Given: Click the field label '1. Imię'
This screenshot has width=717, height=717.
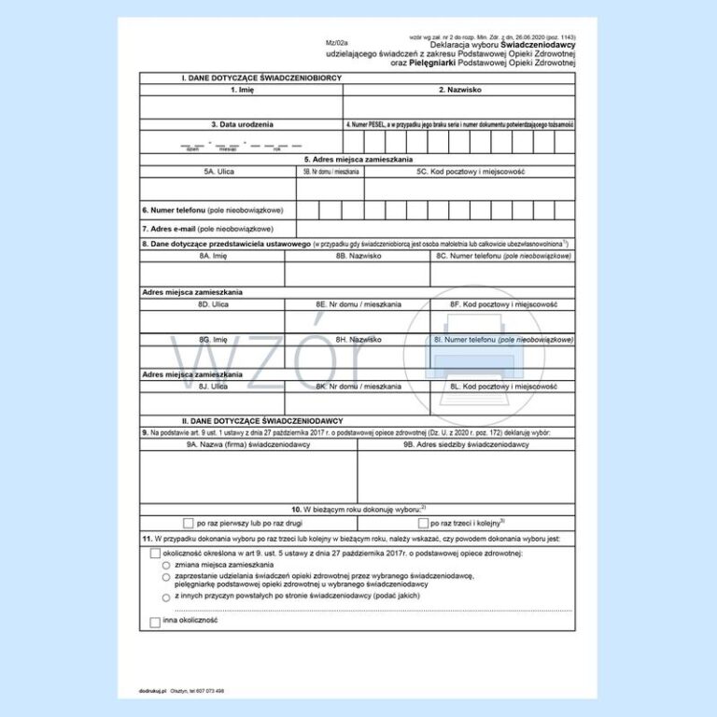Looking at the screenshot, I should [241, 90].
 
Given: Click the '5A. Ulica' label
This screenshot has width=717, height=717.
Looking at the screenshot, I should [219, 172].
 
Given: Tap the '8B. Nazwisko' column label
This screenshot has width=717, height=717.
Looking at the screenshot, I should [357, 255].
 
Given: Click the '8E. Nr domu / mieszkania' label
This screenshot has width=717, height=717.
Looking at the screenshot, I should [358, 304].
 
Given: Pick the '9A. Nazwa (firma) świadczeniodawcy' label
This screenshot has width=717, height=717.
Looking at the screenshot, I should [248, 445].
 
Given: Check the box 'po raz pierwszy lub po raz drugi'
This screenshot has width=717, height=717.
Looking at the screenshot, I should [189, 523].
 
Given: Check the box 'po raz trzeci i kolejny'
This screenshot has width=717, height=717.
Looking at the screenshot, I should [423, 523].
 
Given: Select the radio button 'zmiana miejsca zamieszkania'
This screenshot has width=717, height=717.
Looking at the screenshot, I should [166, 566].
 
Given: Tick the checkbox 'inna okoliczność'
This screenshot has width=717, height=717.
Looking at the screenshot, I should [155, 622].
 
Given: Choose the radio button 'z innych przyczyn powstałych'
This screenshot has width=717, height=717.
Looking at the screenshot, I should [166, 597].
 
